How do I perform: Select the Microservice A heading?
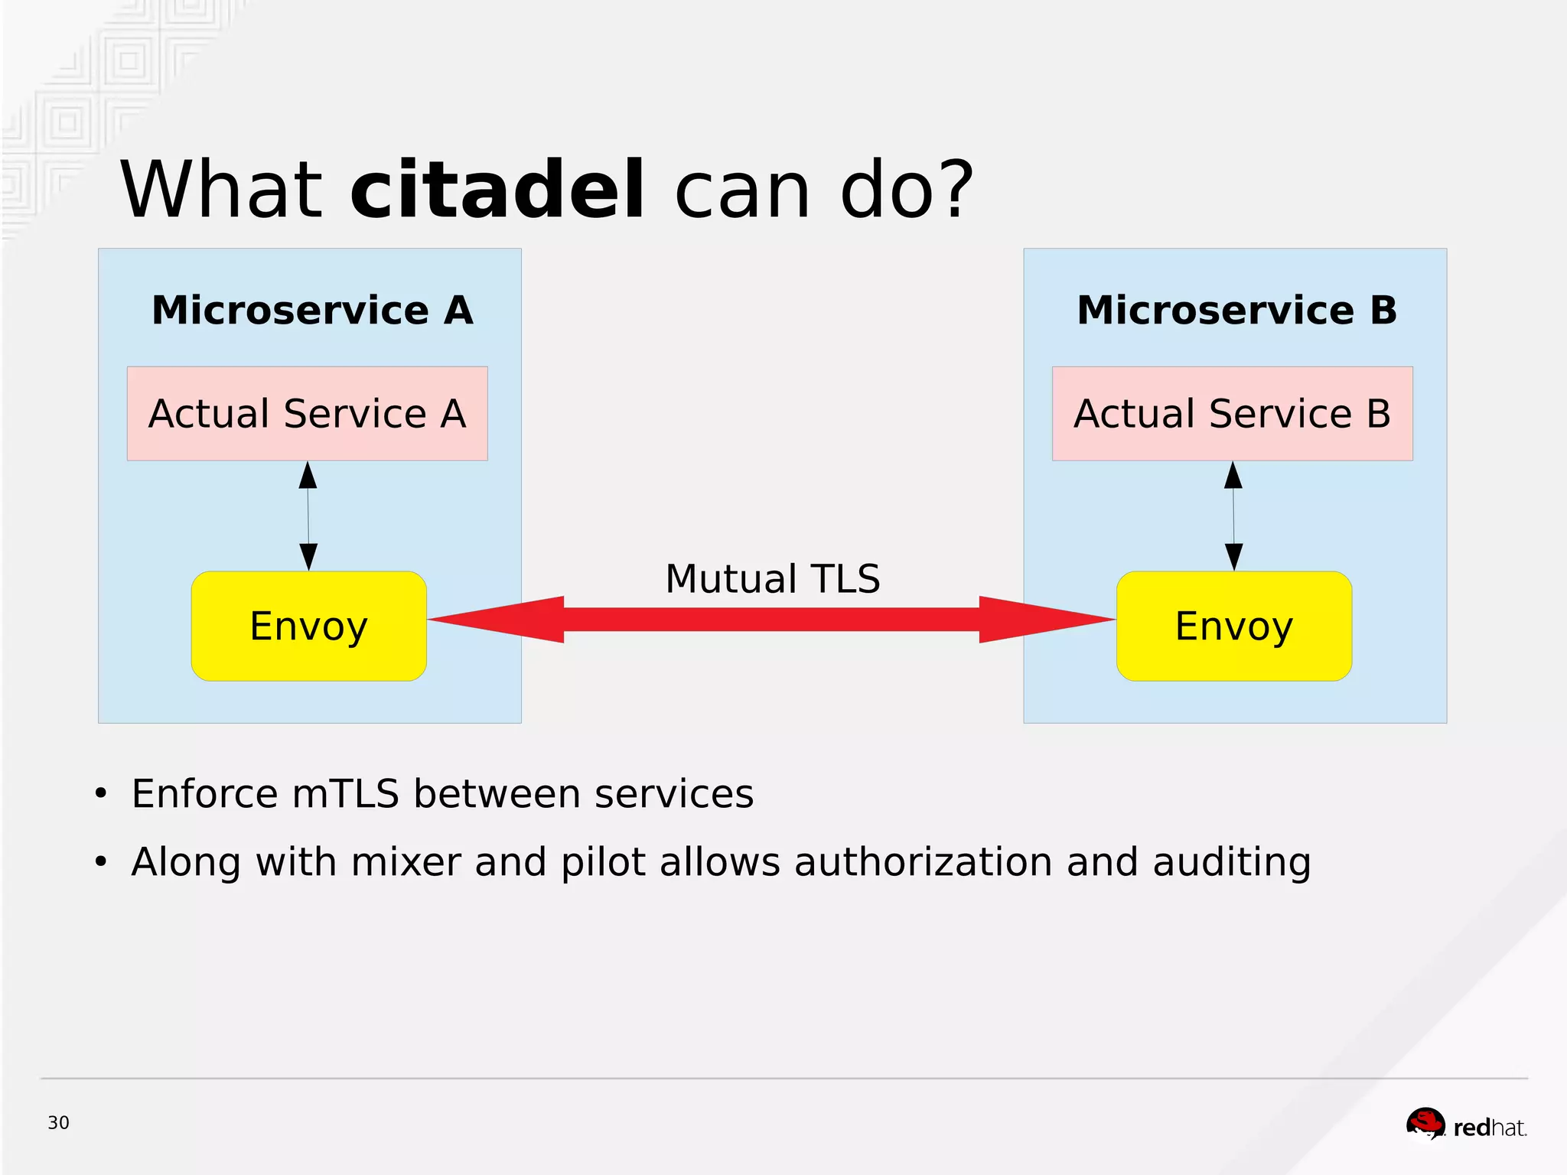click(x=312, y=311)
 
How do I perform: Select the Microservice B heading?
click(x=1236, y=311)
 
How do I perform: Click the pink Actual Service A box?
click(x=307, y=414)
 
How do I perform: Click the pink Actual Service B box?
click(x=1232, y=414)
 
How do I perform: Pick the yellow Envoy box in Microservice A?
click(x=308, y=626)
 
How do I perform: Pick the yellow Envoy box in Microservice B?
click(x=1233, y=626)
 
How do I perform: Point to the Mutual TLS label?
click(x=772, y=579)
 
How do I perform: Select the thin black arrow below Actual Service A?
click(x=308, y=516)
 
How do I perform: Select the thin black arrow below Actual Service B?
click(x=1233, y=516)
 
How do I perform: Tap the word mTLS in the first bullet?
click(x=345, y=794)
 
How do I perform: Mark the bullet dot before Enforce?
click(x=101, y=794)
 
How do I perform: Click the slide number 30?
click(x=58, y=1123)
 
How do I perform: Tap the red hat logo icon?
click(x=1425, y=1124)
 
